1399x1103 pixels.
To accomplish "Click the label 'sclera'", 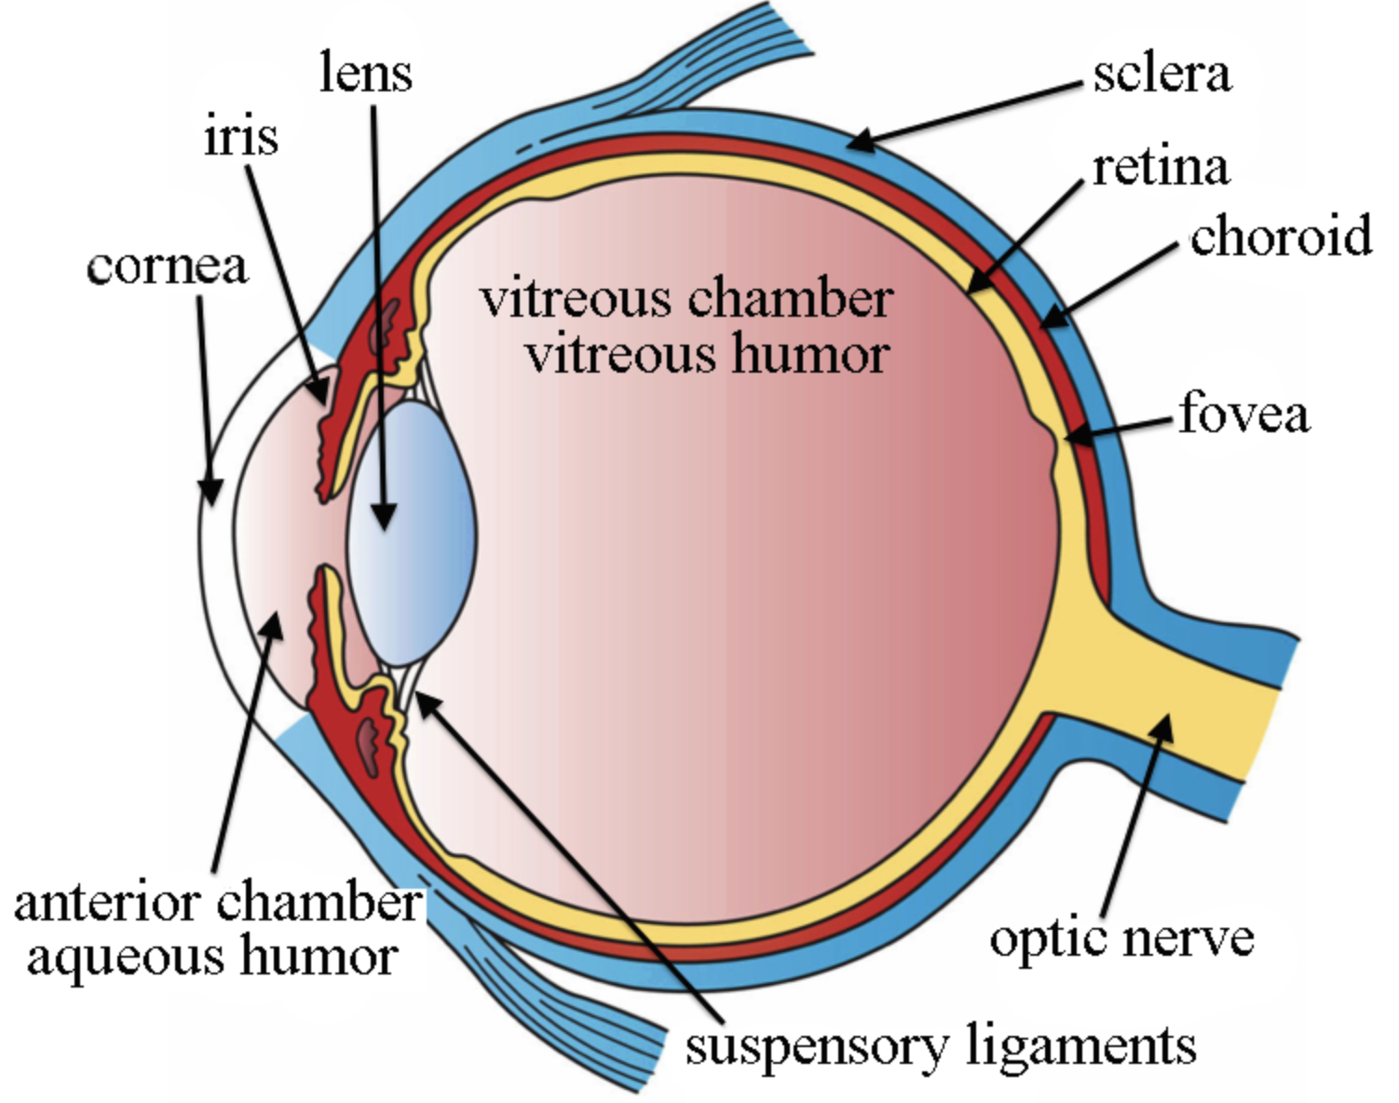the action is tap(1162, 76).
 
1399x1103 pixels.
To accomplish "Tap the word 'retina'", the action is tap(1161, 169).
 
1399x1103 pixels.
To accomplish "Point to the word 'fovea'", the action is tap(1244, 413).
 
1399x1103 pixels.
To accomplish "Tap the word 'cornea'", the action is tap(167, 267).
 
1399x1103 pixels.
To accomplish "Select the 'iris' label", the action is tap(241, 137).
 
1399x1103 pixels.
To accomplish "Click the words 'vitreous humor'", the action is tap(707, 356).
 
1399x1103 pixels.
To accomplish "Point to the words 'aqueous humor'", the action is tap(212, 958).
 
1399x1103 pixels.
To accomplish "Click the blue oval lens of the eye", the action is tap(412, 533).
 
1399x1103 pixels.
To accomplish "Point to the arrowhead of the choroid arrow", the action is tap(1054, 318).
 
